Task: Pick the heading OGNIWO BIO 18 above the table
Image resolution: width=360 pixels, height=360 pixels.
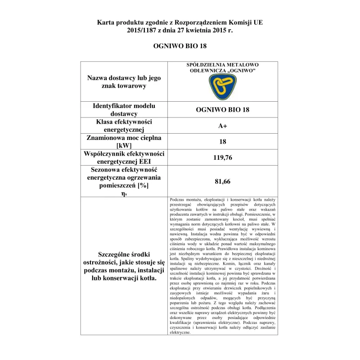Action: pyautogui.click(x=180, y=45)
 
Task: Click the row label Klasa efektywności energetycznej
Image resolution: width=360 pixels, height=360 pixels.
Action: pyautogui.click(x=123, y=126)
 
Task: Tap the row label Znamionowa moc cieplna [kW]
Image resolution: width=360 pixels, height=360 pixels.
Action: pyautogui.click(x=123, y=142)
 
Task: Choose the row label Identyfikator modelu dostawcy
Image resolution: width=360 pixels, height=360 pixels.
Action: pyautogui.click(x=123, y=110)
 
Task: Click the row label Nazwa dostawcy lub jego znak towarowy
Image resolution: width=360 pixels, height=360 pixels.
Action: pyautogui.click(x=123, y=81)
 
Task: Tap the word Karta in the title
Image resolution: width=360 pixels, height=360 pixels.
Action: pyautogui.click(x=106, y=22)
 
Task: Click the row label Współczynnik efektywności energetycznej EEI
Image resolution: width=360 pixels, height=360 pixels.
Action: pyautogui.click(x=123, y=157)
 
